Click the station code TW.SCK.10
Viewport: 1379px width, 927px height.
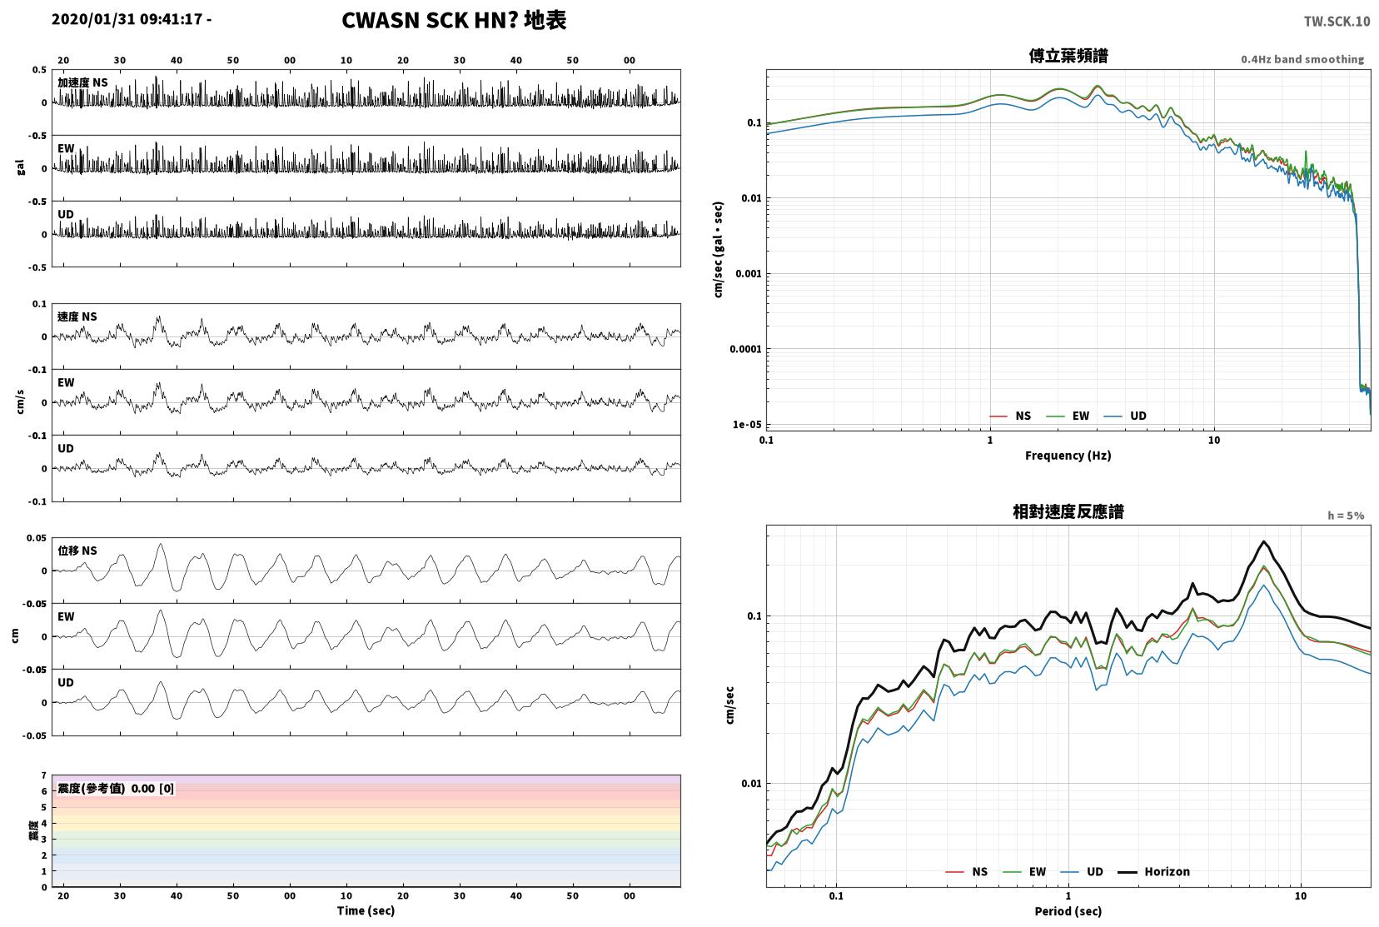[1337, 22]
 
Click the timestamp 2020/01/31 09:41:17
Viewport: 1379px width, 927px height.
[127, 19]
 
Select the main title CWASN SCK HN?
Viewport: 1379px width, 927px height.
[429, 20]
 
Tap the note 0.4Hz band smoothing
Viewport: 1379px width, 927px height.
[1302, 59]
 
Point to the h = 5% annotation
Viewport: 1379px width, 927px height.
[1345, 516]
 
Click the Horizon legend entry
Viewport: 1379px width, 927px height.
[1153, 871]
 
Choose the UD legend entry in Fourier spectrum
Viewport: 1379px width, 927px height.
[1125, 416]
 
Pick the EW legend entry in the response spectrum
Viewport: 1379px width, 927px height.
[1024, 871]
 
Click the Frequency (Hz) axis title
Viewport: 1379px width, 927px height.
[1068, 456]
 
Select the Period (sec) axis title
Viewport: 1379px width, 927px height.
[1068, 911]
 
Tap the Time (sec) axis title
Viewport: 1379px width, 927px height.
[366, 910]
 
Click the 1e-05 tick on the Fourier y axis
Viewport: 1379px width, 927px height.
[746, 424]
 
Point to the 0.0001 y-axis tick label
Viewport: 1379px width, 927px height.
[745, 349]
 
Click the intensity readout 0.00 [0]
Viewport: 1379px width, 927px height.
[152, 789]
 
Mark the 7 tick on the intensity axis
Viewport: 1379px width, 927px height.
[43, 775]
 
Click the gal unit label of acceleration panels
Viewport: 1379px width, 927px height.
[20, 168]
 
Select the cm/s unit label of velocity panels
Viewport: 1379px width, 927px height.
[20, 402]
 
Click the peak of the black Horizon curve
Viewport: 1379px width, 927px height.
[1264, 541]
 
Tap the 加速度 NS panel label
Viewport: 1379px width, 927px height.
[82, 82]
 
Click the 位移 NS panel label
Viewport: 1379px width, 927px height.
[77, 551]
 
